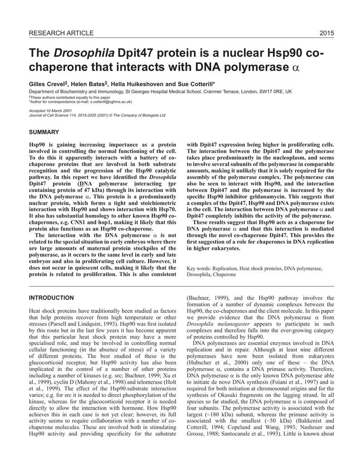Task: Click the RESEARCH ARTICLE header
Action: pos(61,33)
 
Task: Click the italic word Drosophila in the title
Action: pos(85,54)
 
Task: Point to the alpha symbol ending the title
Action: pos(295,68)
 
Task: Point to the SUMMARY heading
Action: pos(44,132)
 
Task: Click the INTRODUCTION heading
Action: pos(51,298)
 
